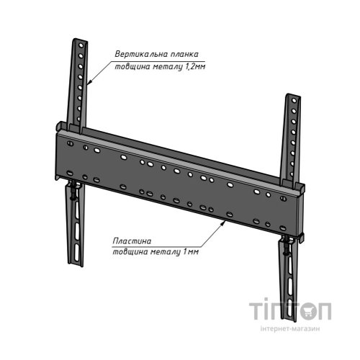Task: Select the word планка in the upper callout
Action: pos(184,55)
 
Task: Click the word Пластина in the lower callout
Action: pos(132,240)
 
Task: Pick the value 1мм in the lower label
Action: pos(191,252)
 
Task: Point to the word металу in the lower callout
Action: pos(166,252)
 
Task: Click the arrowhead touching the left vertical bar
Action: pos(89,81)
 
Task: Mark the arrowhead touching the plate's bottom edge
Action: pos(223,223)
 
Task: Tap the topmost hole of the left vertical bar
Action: pos(81,45)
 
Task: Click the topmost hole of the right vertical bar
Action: pos(294,100)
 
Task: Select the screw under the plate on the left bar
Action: pos(72,192)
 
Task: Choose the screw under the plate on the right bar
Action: pos(286,246)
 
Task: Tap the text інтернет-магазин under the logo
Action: pos(290,328)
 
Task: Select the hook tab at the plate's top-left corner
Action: pos(60,125)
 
